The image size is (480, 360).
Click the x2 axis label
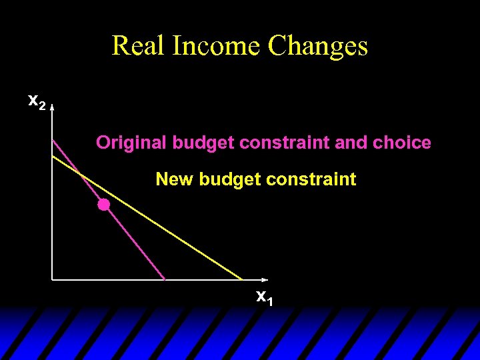(x=36, y=102)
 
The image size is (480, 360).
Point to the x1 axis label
(x=265, y=297)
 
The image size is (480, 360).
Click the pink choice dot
(x=104, y=205)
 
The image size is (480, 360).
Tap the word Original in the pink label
(x=131, y=143)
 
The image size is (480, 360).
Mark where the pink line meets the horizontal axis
(x=165, y=279)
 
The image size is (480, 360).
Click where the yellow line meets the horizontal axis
(x=243, y=279)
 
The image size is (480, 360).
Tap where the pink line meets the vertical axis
(x=53, y=139)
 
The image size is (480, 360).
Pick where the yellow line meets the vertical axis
(x=53, y=155)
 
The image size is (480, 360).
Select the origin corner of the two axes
(x=53, y=279)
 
